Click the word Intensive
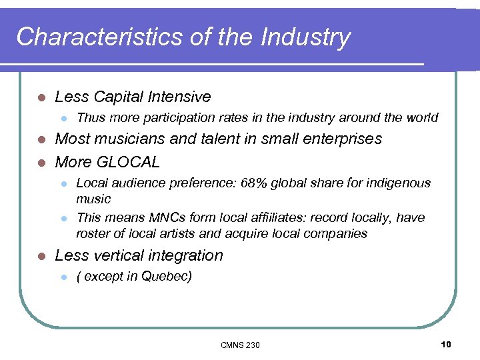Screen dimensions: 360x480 coord(181,97)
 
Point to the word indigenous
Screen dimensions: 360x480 coord(399,183)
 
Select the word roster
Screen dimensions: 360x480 coord(93,233)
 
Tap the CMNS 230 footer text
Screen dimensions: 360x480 coord(240,345)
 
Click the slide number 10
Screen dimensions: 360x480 coord(446,344)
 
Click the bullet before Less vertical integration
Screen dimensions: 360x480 coord(41,256)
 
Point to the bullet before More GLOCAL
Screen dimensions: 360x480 coord(41,163)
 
